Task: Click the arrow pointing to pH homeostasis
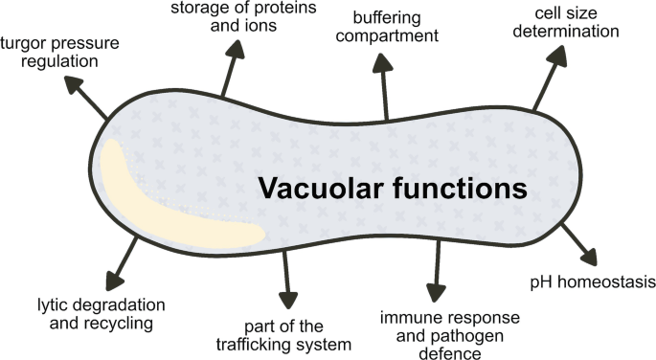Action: [x=577, y=245]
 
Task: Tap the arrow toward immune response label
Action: [x=437, y=271]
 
